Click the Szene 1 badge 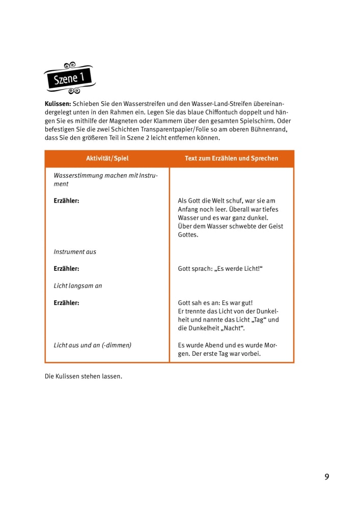click(69, 78)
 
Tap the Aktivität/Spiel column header click(107, 158)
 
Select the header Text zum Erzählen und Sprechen click(231, 158)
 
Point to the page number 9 click(327, 477)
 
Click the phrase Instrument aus click(75, 251)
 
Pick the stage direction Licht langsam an click(78, 286)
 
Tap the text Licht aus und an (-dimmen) click(92, 345)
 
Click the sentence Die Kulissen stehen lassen click(84, 377)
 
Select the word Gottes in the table click(188, 235)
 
